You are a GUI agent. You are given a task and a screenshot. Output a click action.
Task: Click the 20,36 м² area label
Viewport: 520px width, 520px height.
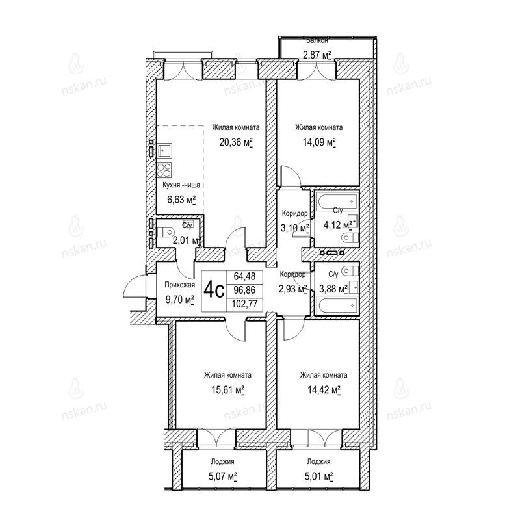pyautogui.click(x=236, y=142)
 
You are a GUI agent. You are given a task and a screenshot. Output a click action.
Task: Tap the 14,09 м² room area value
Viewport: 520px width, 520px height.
pyautogui.click(x=319, y=142)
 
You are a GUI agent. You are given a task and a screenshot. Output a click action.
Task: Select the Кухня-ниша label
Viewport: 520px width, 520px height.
pyautogui.click(x=181, y=185)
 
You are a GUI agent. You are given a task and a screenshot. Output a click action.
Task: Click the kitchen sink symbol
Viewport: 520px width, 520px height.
pyautogui.click(x=164, y=151)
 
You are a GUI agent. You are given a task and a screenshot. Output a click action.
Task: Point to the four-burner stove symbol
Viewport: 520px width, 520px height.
pyautogui.click(x=164, y=170)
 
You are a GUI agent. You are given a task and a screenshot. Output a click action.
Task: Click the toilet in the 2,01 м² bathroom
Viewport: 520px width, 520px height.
pyautogui.click(x=166, y=232)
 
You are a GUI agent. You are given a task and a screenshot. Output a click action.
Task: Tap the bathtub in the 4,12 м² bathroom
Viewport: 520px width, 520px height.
pyautogui.click(x=337, y=201)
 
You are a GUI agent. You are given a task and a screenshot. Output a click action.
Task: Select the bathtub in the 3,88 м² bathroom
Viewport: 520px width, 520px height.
pyautogui.click(x=337, y=305)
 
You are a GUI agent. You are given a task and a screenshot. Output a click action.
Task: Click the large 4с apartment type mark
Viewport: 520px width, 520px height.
pyautogui.click(x=214, y=291)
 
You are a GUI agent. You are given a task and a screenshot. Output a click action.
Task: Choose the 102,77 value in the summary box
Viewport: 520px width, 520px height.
pyautogui.click(x=244, y=304)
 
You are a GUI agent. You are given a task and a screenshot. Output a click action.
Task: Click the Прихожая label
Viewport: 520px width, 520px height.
pyautogui.click(x=180, y=285)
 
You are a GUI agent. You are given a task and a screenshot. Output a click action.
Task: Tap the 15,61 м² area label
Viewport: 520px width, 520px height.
pyautogui.click(x=228, y=390)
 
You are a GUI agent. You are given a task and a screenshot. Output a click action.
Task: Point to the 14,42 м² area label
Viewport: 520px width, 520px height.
pyautogui.click(x=324, y=390)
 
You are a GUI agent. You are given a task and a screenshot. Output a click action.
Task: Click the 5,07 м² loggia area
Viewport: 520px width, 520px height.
pyautogui.click(x=222, y=476)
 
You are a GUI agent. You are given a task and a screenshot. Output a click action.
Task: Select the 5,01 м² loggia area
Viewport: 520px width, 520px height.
pyautogui.click(x=318, y=476)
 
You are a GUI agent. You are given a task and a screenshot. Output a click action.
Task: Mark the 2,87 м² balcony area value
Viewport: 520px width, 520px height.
pyautogui.click(x=317, y=55)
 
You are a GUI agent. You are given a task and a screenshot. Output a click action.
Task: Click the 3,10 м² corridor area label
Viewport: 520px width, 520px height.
pyautogui.click(x=295, y=228)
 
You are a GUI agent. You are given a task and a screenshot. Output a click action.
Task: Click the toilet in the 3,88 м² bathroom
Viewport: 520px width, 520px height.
pyautogui.click(x=350, y=271)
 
